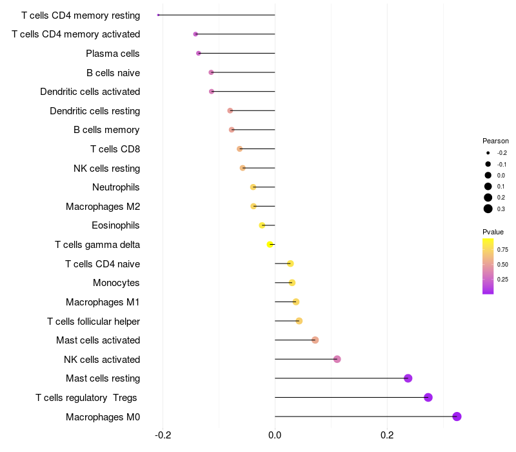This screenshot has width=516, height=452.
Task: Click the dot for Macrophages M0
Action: click(x=457, y=416)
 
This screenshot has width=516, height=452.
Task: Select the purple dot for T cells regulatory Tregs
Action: click(x=428, y=397)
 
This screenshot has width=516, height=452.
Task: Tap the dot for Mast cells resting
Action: click(x=408, y=378)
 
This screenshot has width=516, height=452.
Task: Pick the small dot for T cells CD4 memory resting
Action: click(x=158, y=15)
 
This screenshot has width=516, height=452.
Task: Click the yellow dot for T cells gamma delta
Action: click(x=270, y=245)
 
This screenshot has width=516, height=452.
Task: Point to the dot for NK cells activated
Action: click(x=337, y=359)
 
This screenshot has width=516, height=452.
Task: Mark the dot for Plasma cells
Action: click(x=199, y=53)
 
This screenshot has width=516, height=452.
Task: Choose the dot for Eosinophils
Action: click(x=262, y=225)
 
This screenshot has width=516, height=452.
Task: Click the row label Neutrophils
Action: click(x=116, y=187)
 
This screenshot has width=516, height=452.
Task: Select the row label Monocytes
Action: click(x=116, y=283)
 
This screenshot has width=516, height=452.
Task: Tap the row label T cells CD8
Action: click(x=115, y=149)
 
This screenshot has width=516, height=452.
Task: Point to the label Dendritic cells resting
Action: click(x=95, y=111)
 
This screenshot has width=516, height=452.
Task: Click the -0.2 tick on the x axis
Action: click(x=163, y=435)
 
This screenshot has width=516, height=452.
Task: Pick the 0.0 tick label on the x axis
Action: click(x=275, y=435)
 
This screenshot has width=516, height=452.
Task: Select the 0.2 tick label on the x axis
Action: click(x=387, y=435)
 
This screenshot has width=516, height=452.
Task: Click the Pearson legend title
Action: click(x=495, y=141)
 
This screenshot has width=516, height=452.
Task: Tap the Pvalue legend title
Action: click(x=493, y=232)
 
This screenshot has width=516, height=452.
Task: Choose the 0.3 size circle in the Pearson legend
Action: click(x=488, y=209)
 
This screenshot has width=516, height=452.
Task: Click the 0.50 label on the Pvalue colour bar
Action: click(x=502, y=265)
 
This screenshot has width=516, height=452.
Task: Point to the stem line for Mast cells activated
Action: click(x=295, y=340)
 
